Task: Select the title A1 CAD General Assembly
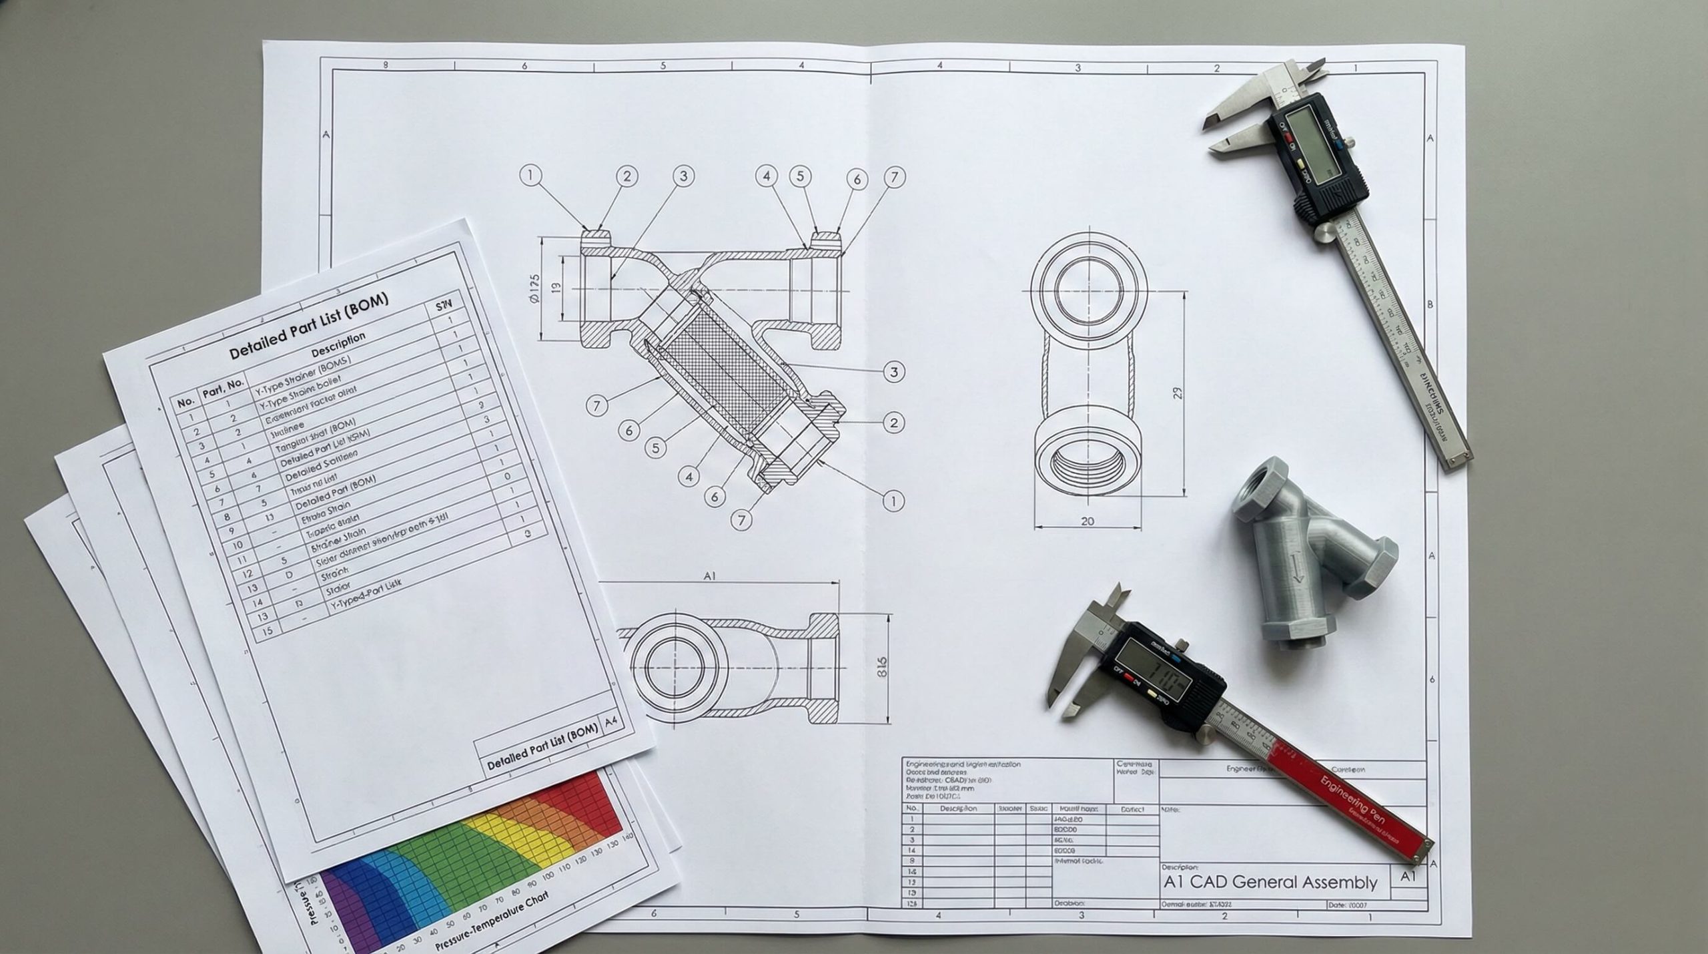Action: click(x=1270, y=882)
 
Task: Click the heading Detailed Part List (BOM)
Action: click(x=308, y=325)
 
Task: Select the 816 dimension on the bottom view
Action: click(x=882, y=667)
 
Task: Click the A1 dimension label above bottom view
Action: click(x=709, y=575)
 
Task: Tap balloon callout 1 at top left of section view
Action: click(x=530, y=176)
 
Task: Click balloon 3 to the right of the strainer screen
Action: click(x=894, y=371)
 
